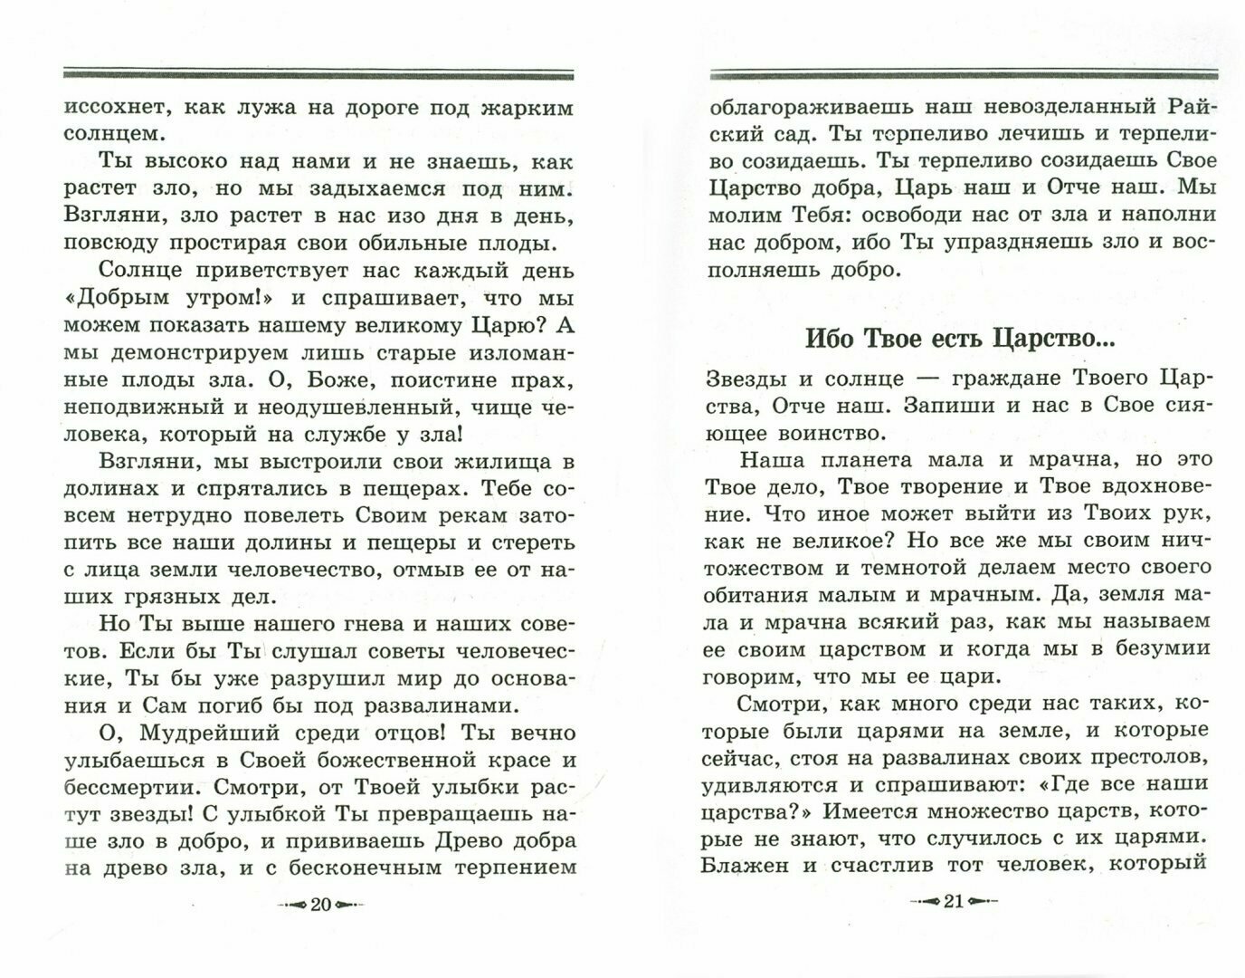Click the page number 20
pyautogui.click(x=320, y=906)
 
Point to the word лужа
pyautogui.click(x=269, y=109)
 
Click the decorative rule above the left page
pyautogui.click(x=318, y=74)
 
